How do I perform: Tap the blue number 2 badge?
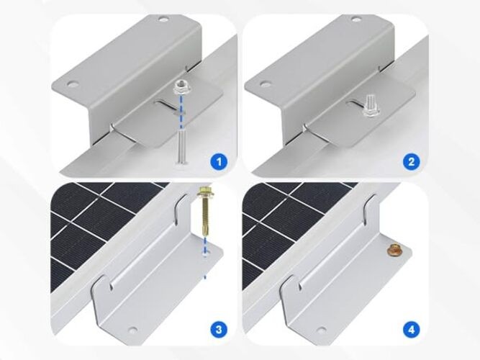pyautogui.click(x=411, y=161)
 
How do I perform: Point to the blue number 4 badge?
pyautogui.click(x=411, y=330)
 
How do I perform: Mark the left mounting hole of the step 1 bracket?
pyautogui.click(x=71, y=84)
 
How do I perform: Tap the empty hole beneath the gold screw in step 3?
pyautogui.click(x=205, y=254)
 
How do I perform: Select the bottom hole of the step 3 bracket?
pyautogui.click(x=131, y=330)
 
